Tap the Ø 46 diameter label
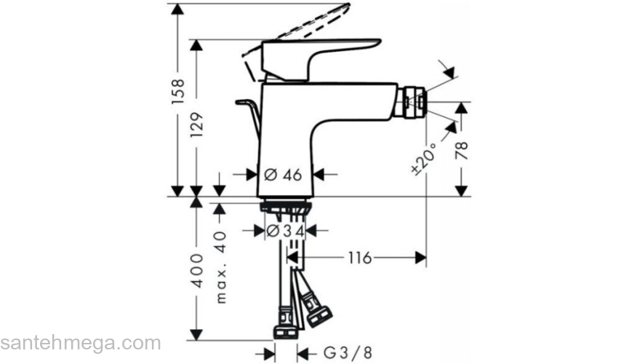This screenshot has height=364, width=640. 283,174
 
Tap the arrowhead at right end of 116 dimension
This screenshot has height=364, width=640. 420,257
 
